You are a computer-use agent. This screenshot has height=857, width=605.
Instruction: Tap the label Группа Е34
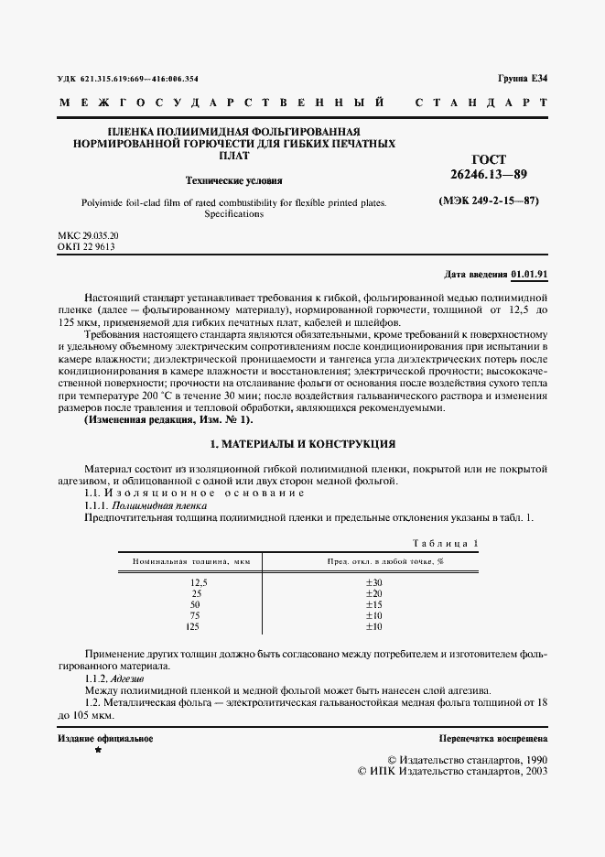[522, 80]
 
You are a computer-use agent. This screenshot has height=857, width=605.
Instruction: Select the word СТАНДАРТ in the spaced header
[481, 103]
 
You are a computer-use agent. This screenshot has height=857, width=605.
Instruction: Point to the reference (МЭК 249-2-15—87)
[489, 200]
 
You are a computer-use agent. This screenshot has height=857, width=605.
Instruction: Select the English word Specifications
[234, 214]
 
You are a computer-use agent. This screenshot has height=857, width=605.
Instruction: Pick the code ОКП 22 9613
[86, 247]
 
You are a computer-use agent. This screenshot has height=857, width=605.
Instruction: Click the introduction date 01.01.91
[530, 274]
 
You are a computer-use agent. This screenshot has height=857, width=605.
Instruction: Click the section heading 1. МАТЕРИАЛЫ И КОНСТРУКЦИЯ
[302, 443]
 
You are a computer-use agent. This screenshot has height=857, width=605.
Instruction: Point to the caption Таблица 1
[447, 543]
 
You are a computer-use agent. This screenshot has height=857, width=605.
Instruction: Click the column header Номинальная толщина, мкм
[191, 560]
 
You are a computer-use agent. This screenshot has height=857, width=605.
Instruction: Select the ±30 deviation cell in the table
[373, 582]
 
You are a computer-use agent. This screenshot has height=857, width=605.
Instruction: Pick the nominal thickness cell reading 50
[194, 604]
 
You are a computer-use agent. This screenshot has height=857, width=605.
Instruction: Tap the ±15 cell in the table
[373, 604]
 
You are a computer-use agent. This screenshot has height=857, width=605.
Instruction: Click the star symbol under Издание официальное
[98, 750]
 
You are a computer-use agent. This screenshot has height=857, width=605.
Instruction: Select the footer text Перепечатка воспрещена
[493, 737]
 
